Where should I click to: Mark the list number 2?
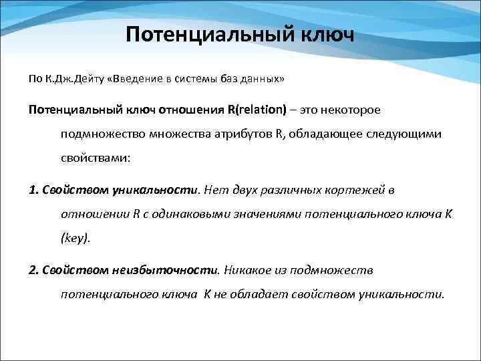click(x=33, y=270)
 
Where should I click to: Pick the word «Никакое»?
click(x=247, y=270)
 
